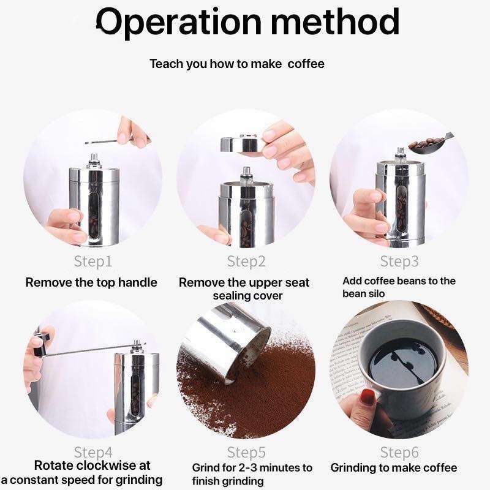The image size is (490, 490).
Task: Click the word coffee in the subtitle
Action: pos(306,64)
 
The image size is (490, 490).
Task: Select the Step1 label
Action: pos(93,261)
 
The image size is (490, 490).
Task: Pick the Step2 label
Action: pos(246,261)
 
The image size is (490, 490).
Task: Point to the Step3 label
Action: pos(399,261)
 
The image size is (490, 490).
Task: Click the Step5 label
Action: pos(246,452)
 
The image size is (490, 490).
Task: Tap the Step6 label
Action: pos(399,452)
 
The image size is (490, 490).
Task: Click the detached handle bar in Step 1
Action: pos(108,141)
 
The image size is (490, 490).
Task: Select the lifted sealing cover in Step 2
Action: pos(239,144)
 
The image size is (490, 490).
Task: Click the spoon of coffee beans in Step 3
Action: pos(430,145)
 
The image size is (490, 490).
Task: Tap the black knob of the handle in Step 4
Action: pos(41,345)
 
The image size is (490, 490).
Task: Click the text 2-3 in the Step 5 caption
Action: pos(247,468)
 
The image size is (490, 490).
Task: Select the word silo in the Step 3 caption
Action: pos(376,294)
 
